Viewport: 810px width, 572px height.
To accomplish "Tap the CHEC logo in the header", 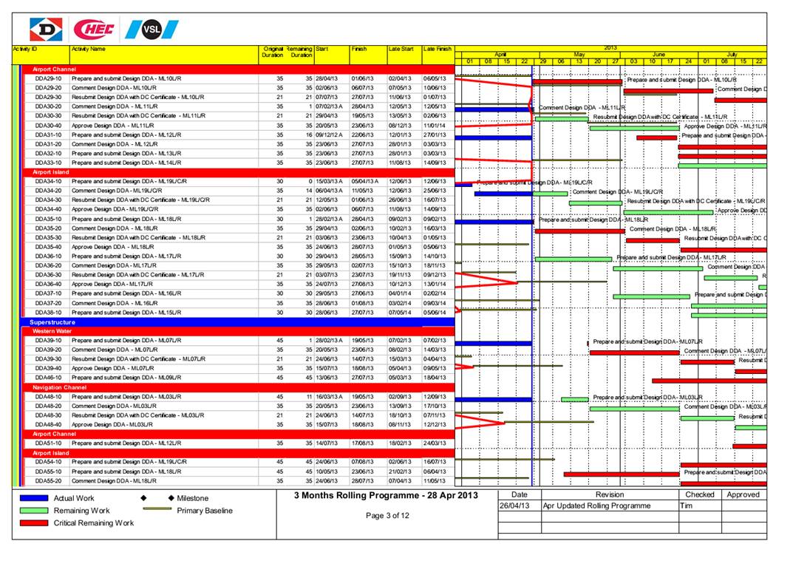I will (x=95, y=30).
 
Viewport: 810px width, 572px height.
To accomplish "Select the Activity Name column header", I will (x=88, y=49).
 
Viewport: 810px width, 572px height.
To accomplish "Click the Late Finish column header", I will (x=437, y=49).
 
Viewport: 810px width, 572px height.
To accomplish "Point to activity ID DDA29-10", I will (x=48, y=78).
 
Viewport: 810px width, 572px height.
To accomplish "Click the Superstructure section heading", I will (x=53, y=322).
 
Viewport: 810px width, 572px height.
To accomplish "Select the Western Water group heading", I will (x=52, y=332).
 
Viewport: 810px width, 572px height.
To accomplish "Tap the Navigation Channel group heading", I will (x=59, y=387).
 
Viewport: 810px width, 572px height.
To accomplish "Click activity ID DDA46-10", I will (x=48, y=378).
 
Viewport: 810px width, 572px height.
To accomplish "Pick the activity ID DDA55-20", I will (x=48, y=480).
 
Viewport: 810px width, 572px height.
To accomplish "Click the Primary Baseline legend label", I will (x=205, y=511).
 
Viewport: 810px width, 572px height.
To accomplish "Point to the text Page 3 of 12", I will (x=387, y=516).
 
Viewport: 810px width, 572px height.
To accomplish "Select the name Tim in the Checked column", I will (x=687, y=506).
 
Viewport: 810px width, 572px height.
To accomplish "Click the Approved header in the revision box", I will (x=743, y=494).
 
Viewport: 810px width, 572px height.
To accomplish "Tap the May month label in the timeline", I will (x=579, y=55).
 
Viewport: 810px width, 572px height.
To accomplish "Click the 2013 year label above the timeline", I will (x=610, y=47).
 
